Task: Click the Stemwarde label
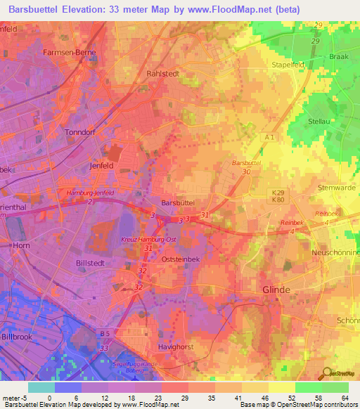coord(338,188)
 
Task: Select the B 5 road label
coord(105,332)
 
